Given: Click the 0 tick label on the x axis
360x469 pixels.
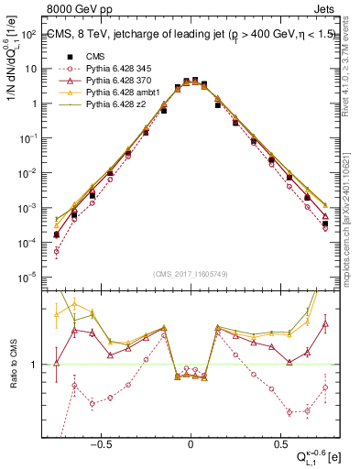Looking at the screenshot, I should point(191,441).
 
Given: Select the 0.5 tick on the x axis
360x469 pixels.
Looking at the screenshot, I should point(278,441).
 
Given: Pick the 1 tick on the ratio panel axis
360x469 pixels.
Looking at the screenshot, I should point(35,365).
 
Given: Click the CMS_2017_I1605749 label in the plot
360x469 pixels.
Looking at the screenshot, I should point(190,274).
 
